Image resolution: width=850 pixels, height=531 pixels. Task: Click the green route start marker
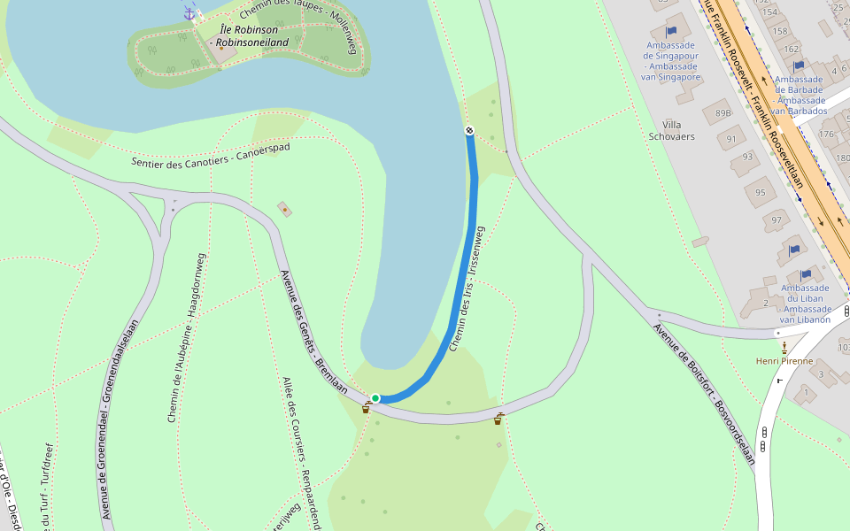[375, 398]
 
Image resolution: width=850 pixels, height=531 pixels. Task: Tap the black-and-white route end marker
[469, 131]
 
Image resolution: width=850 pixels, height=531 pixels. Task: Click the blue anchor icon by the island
[189, 12]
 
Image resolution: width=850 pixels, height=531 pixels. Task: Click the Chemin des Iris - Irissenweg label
[467, 289]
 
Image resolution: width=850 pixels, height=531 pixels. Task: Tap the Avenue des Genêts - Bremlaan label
[313, 332]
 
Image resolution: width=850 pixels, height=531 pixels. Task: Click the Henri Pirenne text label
[784, 360]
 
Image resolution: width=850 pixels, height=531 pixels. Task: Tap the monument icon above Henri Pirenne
[784, 345]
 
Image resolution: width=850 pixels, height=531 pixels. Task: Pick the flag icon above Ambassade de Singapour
[671, 31]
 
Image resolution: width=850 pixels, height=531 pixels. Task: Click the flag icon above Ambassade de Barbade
[799, 65]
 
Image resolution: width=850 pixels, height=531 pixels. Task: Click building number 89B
[722, 112]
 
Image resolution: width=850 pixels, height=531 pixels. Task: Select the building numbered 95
[760, 192]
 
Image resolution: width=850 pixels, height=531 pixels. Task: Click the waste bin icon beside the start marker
[366, 408]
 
